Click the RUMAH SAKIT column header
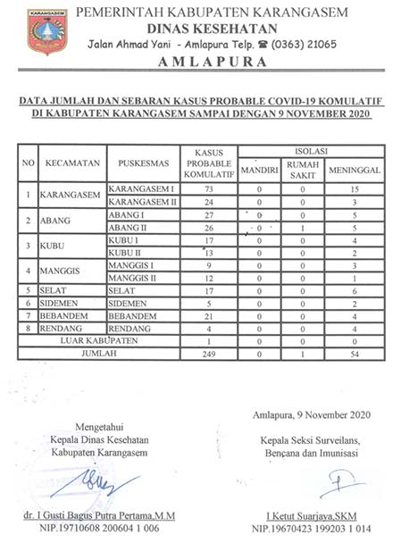[x=304, y=170]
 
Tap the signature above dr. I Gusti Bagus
[x=105, y=483]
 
